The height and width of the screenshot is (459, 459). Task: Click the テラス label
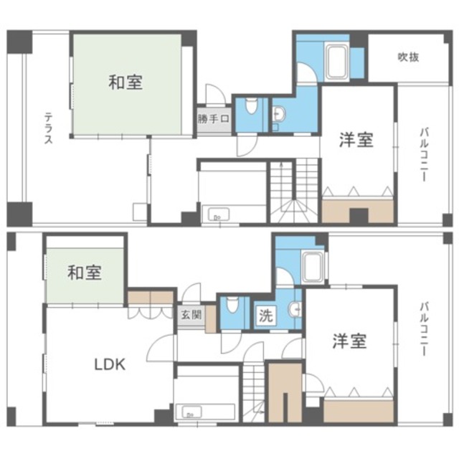(x=48, y=128)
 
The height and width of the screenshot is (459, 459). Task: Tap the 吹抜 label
(x=408, y=57)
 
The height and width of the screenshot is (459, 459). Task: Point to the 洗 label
(x=264, y=315)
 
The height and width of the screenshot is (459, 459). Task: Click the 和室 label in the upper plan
(x=126, y=82)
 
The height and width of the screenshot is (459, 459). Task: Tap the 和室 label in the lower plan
(x=85, y=273)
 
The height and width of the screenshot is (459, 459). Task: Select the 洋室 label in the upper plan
(x=356, y=139)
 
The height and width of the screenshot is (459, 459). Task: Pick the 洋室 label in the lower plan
(x=349, y=341)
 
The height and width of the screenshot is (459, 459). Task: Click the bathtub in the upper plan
(x=336, y=62)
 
